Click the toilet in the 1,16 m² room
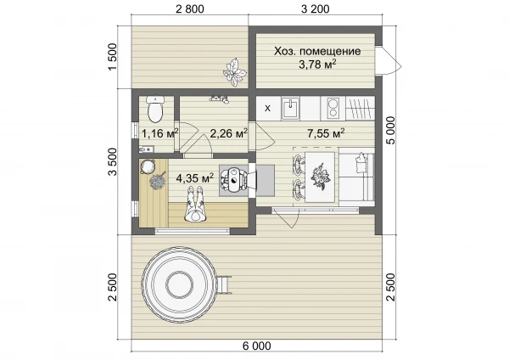coord(155,109)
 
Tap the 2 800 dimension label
coord(190,9)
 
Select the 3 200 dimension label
coord(316,9)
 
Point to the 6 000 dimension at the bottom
coord(256,346)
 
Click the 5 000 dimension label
coord(392,130)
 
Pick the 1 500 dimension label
coord(112,57)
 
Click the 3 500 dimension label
coord(112,161)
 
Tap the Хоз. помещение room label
coord(317,51)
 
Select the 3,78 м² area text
coord(317,65)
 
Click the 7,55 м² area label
coord(326,133)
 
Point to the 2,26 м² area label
coord(229,133)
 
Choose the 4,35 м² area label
coord(195,177)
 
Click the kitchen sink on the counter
coord(290,108)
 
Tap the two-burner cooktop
coord(333,109)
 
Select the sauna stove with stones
coord(234,180)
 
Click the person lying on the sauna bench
coord(194,204)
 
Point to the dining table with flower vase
coord(320,177)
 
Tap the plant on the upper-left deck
coord(234,72)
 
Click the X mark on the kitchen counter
coord(267,108)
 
